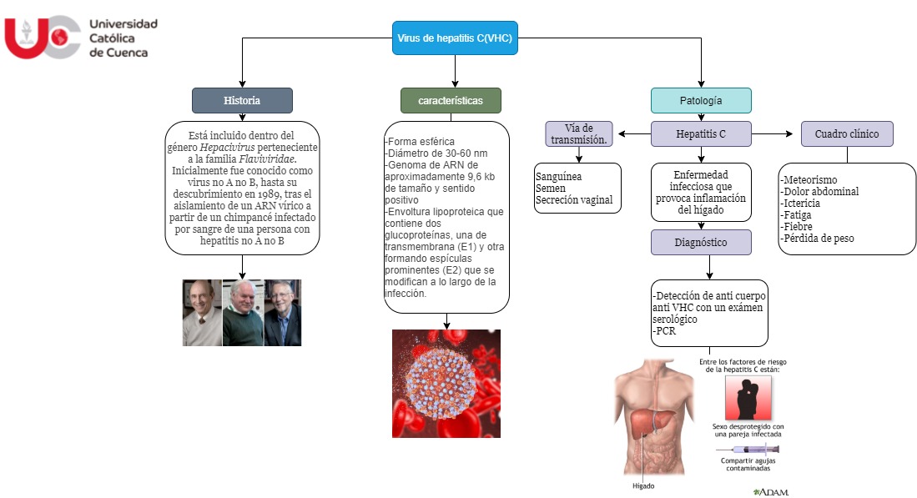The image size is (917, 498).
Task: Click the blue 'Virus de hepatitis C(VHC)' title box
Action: point(455,38)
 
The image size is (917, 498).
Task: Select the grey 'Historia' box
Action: point(242,100)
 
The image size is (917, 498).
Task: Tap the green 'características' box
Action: point(451,100)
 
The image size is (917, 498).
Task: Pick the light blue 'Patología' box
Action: point(701,100)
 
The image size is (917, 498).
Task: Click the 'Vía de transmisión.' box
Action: point(579,133)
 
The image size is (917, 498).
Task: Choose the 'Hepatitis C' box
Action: point(701,133)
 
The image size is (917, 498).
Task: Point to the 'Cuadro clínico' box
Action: point(846,133)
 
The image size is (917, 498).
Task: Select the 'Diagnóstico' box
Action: point(701,242)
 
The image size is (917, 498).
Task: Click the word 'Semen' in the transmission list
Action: point(552,189)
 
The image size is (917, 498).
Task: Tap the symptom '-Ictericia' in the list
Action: point(801,203)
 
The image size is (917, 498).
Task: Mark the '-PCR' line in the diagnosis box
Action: point(666,331)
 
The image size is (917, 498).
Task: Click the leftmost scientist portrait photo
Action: point(202,313)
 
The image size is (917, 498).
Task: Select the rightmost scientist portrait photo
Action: point(283,313)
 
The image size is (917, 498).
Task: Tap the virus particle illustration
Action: point(446,383)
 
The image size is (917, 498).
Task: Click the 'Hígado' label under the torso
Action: point(643,485)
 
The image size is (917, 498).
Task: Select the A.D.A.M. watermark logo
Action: point(771,492)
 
